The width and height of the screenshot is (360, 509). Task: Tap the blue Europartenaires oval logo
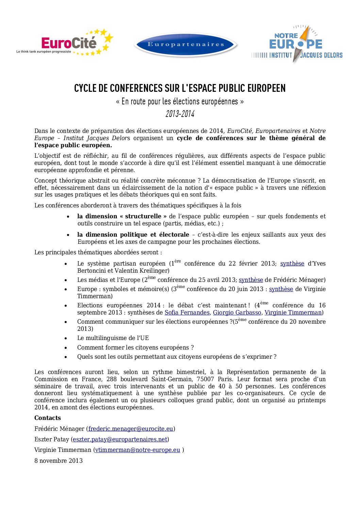point(186,45)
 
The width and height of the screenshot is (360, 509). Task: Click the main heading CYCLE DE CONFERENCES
point(180,88)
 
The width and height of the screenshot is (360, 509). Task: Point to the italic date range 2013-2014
point(180,114)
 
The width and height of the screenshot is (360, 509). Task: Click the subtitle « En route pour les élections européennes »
point(180,101)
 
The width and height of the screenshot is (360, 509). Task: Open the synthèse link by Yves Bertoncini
point(292,264)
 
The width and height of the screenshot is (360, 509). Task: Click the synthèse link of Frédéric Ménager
point(251,280)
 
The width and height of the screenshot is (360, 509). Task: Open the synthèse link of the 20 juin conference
point(281,289)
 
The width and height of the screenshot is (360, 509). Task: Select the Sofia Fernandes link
point(187,313)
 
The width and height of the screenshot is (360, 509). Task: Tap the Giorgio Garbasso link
point(237,313)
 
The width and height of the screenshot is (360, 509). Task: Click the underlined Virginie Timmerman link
point(293,313)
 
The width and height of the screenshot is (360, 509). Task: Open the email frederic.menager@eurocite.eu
point(131,429)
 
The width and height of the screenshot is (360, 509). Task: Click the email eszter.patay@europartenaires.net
point(120,440)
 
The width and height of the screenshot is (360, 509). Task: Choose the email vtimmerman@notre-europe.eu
point(137,450)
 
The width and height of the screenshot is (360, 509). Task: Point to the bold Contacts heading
point(48,418)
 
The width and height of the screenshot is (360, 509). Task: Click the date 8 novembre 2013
point(59,461)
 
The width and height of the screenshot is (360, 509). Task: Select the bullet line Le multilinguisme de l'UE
point(113,338)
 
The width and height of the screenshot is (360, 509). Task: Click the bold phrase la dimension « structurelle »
point(122,217)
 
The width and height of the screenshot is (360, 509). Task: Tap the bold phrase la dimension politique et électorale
point(133,235)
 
